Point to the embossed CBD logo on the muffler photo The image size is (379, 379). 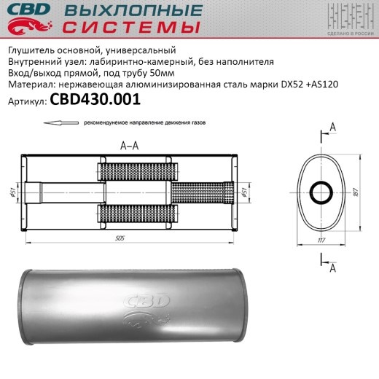point(149,302)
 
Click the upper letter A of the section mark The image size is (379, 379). point(333,128)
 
